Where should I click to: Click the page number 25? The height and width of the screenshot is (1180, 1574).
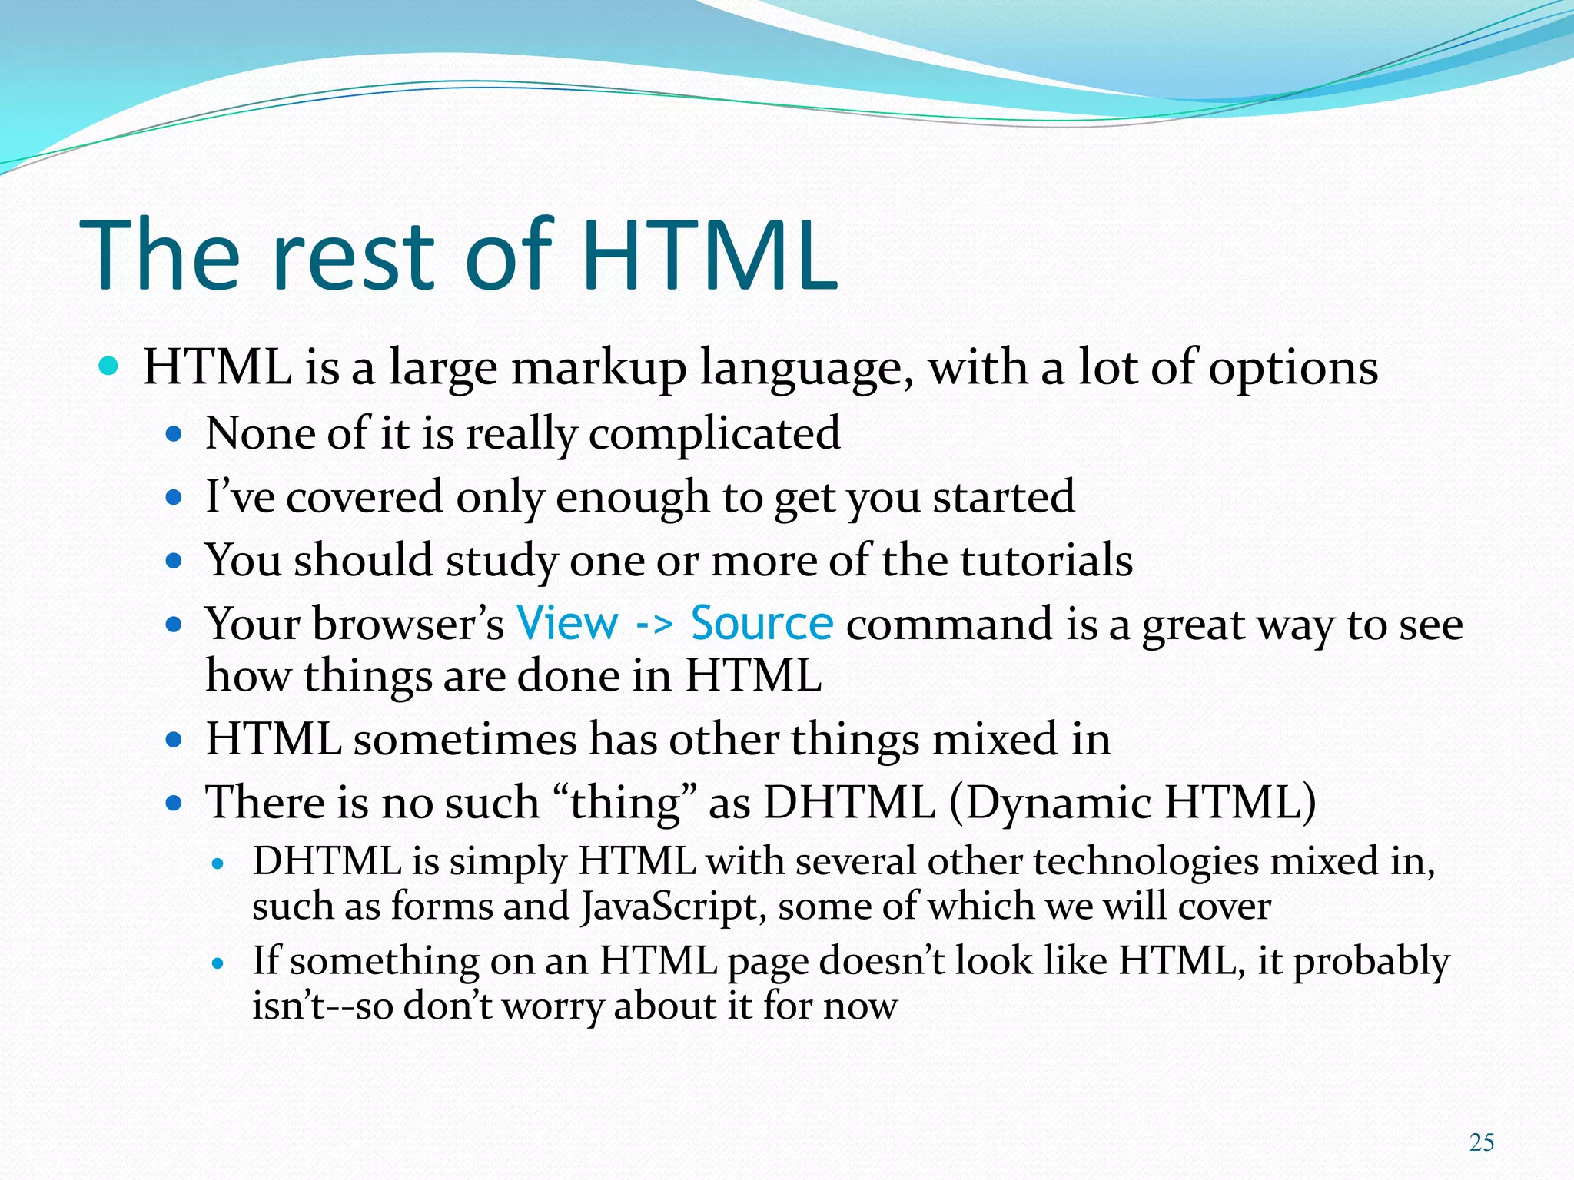pos(1481,1142)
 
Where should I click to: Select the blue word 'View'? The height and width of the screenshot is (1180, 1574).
pos(567,623)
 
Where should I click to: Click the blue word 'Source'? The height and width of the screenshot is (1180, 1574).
pos(762,623)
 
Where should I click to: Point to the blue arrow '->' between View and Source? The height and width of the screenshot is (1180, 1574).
pos(654,625)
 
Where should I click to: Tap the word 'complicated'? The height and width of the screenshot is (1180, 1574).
pos(715,434)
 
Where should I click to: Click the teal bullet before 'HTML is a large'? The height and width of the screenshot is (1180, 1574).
pos(109,366)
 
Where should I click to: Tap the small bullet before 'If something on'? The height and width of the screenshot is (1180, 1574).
pos(218,963)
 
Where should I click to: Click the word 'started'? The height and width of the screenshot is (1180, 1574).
pos(1004,497)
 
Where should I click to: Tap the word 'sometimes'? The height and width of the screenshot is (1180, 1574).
pos(465,740)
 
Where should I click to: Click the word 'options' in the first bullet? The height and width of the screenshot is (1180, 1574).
pos(1293,368)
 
